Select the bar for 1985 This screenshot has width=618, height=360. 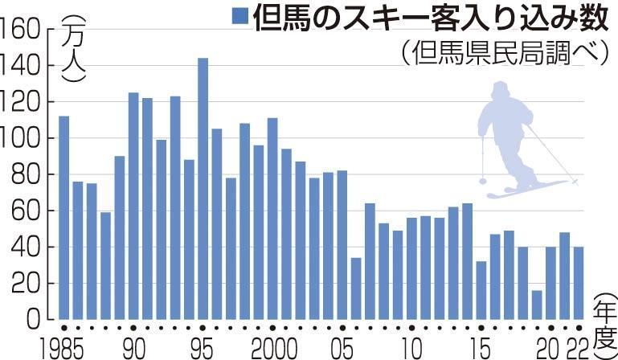click(x=63, y=217)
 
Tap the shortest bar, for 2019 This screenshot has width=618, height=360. click(x=536, y=305)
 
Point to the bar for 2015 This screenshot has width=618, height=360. click(x=481, y=290)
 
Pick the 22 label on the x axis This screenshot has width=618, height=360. click(x=576, y=349)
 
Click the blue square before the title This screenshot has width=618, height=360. click(x=239, y=16)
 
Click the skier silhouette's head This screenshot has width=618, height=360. click(x=501, y=89)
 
